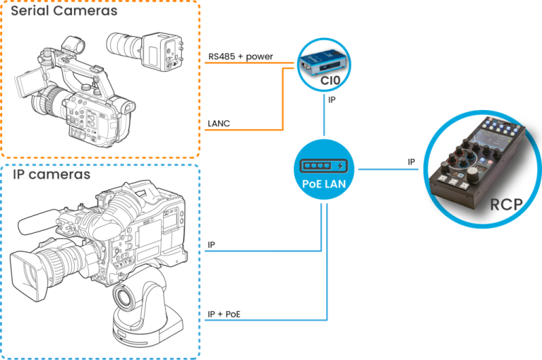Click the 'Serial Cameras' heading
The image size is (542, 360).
click(64, 11)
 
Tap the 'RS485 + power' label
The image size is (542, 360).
click(241, 56)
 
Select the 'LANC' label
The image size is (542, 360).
click(219, 124)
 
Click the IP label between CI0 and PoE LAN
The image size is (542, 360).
click(332, 101)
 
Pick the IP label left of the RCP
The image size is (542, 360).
click(411, 162)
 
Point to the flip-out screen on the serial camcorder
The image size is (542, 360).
click(27, 83)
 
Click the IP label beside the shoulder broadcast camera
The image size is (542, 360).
click(212, 245)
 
